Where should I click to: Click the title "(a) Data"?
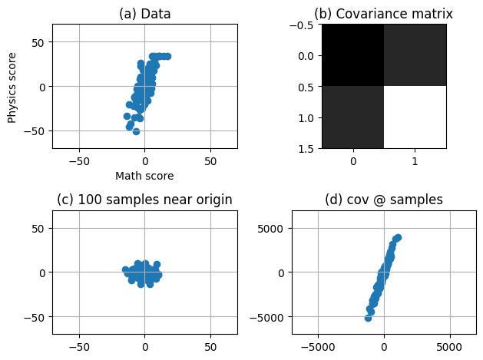click(x=144, y=14)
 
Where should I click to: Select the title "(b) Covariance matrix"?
click(x=384, y=14)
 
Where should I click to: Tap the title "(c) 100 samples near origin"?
click(x=144, y=200)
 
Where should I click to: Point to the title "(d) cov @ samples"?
click(x=384, y=200)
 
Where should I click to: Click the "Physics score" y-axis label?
click(x=12, y=86)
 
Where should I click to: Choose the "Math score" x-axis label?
click(x=144, y=176)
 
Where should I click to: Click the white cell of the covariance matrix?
click(x=415, y=117)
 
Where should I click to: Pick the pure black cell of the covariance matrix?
click(x=352, y=55)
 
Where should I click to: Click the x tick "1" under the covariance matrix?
click(x=415, y=163)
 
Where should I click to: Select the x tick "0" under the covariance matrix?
click(x=352, y=163)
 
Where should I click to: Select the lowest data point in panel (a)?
click(x=137, y=131)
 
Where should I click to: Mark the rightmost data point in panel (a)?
click(x=167, y=56)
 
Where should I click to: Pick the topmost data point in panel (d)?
click(x=398, y=237)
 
